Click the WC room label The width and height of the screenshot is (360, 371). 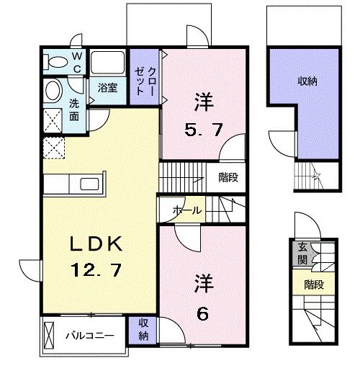tap(77, 63)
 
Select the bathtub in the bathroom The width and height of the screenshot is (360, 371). tap(109, 63)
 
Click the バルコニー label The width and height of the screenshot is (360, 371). tap(89, 335)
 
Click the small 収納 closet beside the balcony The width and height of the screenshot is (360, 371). tap(143, 330)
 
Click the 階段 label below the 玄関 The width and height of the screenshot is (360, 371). tap(312, 283)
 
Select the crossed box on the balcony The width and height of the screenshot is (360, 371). tap(49, 335)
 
